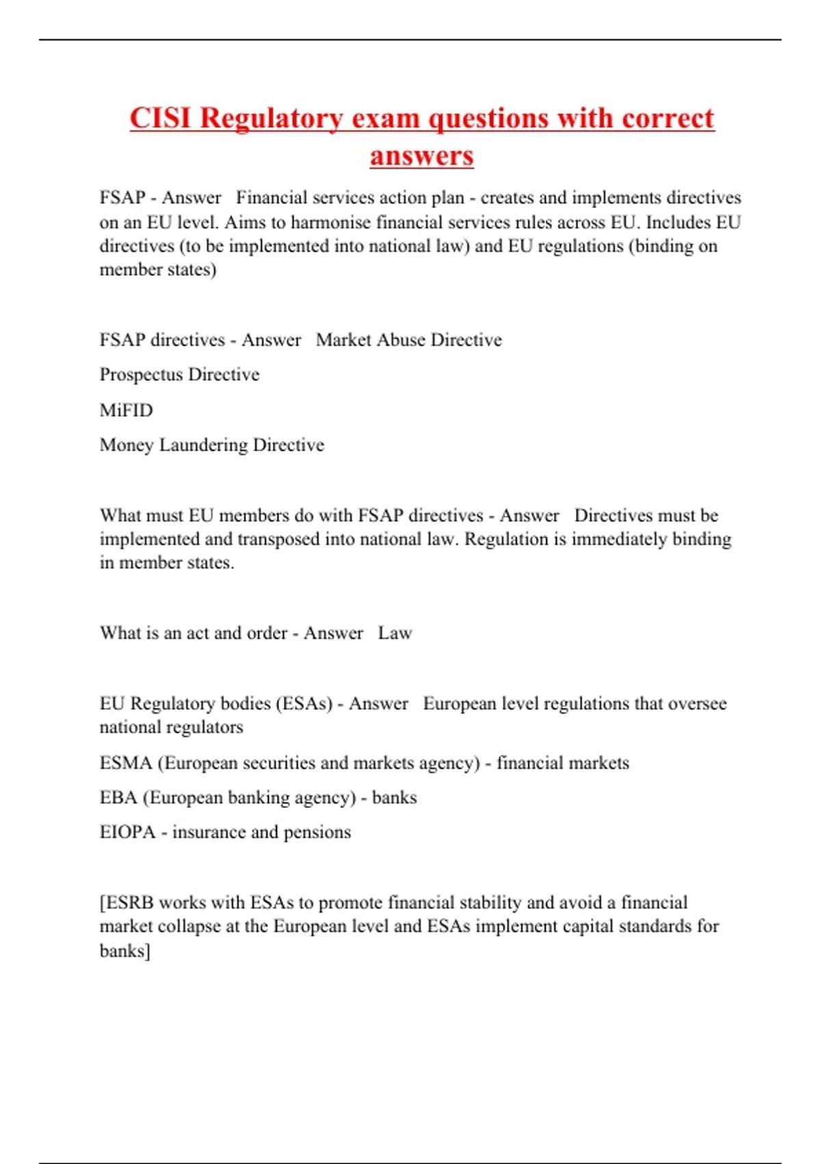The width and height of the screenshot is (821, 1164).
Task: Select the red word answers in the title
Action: (x=421, y=155)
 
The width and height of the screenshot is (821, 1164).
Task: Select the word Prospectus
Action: (x=141, y=375)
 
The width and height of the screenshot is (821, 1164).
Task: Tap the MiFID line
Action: (x=126, y=410)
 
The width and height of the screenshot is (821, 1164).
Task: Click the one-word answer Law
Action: (x=395, y=633)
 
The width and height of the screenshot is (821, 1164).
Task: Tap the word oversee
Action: (x=696, y=703)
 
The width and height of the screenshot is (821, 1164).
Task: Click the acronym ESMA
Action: (x=126, y=763)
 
